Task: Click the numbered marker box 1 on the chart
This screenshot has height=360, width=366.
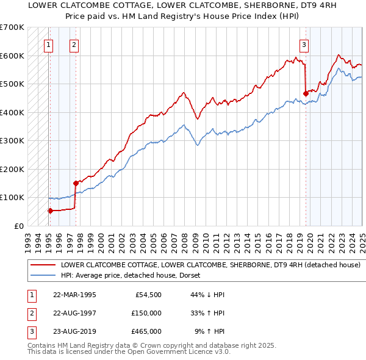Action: click(x=48, y=44)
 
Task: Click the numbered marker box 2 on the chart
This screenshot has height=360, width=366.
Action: click(x=73, y=44)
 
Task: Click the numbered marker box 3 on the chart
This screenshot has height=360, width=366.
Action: click(x=304, y=44)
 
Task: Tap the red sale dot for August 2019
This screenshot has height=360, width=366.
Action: click(x=305, y=93)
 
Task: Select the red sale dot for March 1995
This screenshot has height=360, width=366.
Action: click(x=50, y=211)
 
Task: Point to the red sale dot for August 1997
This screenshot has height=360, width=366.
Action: click(x=76, y=183)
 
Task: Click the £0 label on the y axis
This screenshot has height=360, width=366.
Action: click(x=18, y=226)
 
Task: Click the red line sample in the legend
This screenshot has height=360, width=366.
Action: click(x=43, y=265)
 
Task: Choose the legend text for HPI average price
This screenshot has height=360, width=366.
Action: click(x=134, y=275)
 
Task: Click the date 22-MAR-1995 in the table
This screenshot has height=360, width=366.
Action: click(x=74, y=295)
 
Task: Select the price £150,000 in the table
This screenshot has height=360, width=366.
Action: click(x=146, y=313)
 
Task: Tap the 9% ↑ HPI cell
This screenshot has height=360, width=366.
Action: click(x=209, y=331)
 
